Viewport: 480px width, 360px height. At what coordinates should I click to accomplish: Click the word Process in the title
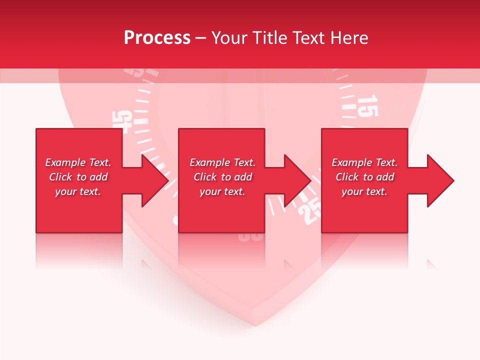pos(157,38)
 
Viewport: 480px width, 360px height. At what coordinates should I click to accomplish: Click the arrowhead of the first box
pos(155,180)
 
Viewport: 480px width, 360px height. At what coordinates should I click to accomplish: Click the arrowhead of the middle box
pos(298,180)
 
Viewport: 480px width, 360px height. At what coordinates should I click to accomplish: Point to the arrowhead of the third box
pos(440,180)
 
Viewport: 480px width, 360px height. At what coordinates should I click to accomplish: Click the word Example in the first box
pos(65,162)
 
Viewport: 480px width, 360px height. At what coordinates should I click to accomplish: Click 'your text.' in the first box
pos(78,191)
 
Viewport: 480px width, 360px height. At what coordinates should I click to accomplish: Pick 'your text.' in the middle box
pos(222,191)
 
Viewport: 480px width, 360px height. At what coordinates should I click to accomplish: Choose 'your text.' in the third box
pos(364,191)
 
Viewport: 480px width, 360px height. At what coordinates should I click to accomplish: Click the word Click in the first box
pos(60,177)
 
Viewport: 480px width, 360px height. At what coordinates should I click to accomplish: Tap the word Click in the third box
pos(347,177)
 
